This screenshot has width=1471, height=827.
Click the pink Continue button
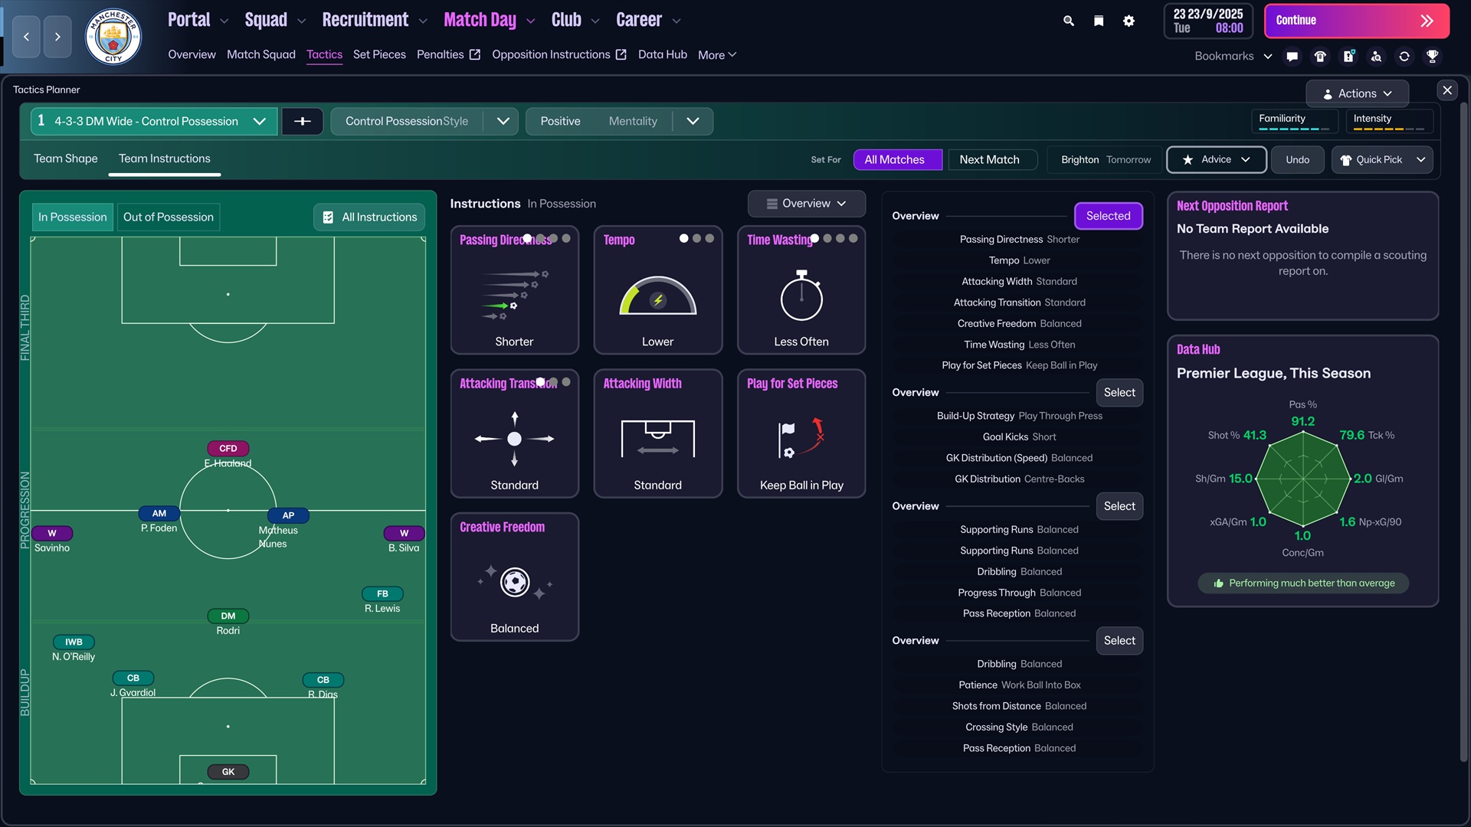1355,21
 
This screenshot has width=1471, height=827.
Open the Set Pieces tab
379,54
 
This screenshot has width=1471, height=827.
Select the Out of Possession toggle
169,217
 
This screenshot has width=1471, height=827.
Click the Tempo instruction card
657,289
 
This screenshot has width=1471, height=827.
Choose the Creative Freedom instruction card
514,577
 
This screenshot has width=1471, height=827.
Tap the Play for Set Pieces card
801,433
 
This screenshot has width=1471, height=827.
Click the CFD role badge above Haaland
228,449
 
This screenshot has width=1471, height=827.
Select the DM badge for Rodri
228,616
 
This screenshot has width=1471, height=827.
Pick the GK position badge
228,772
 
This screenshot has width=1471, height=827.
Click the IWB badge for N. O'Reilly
74,642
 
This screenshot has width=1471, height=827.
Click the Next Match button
989,159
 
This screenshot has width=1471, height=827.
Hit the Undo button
1297,159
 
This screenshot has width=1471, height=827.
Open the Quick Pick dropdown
1382,159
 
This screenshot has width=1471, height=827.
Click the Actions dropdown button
1357,93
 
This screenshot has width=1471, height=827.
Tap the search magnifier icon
1069,21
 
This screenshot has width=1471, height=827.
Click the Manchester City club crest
113,36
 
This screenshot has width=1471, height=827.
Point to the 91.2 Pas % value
1302,421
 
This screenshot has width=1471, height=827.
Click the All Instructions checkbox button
370,217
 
